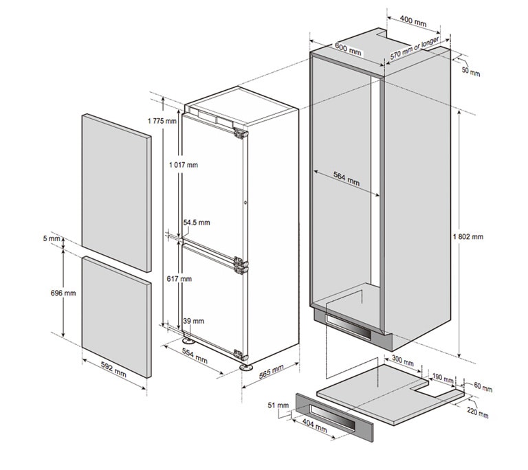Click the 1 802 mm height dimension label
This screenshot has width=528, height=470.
click(468, 236)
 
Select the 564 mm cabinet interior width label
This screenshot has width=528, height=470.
click(346, 179)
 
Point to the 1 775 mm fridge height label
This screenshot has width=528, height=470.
click(162, 121)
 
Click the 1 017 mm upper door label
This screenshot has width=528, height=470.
click(184, 165)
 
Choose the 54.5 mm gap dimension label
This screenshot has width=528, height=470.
click(197, 222)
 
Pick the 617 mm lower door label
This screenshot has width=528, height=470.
click(179, 279)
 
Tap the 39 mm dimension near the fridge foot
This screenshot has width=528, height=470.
click(194, 321)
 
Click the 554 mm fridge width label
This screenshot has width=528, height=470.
click(195, 355)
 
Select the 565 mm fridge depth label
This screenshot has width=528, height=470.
click(272, 371)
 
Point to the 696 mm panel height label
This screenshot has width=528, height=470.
click(63, 293)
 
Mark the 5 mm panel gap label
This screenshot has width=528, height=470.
click(52, 238)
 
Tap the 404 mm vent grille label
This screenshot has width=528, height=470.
click(314, 425)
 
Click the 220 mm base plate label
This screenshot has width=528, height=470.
click(478, 412)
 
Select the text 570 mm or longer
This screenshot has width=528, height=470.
click(415, 48)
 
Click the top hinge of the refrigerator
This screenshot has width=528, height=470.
click(241, 134)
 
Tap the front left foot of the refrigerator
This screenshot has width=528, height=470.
click(188, 340)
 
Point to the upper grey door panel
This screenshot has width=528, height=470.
click(116, 192)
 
